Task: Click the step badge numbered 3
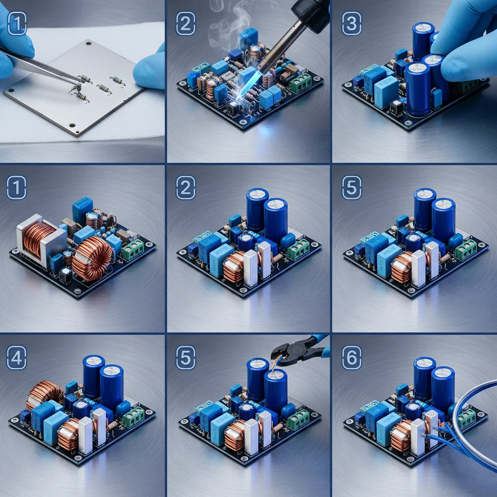[x=351, y=23]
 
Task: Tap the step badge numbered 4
[x=17, y=358]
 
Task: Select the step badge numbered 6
[x=351, y=358]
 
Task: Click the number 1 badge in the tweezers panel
[x=17, y=23]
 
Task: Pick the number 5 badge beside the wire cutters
[x=186, y=358]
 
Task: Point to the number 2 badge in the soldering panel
[x=186, y=23]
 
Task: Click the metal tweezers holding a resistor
[x=38, y=66]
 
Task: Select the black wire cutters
[x=299, y=350]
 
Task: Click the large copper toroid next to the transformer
[x=92, y=258]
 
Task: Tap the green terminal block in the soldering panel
[x=300, y=83]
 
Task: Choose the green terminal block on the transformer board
[x=133, y=249]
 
